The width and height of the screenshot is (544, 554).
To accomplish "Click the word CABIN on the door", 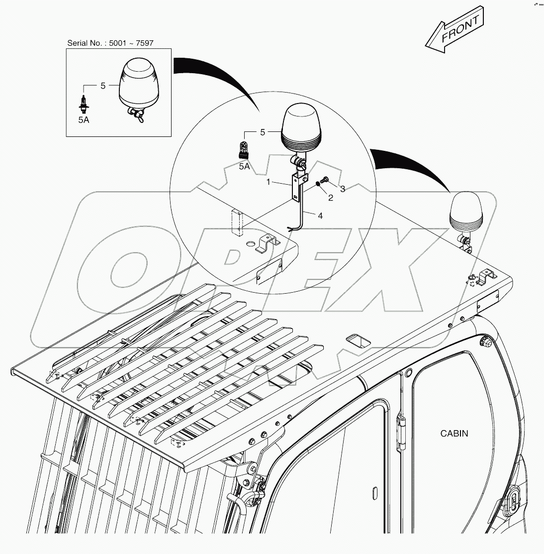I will point(454,433).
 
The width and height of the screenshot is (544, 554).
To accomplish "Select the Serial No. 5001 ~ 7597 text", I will point(110,43).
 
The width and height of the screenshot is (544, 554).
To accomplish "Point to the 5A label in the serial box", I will point(84,120).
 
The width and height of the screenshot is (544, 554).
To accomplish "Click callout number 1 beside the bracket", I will point(268,183).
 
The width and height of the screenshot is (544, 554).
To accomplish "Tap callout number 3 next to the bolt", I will point(342,189).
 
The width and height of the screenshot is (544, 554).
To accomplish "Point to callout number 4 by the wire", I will point(320,216).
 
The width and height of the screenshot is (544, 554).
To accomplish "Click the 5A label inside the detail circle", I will point(244,166).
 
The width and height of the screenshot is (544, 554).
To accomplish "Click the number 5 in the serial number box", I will point(103,86).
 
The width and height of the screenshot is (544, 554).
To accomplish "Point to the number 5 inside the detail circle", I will point(263,132).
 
